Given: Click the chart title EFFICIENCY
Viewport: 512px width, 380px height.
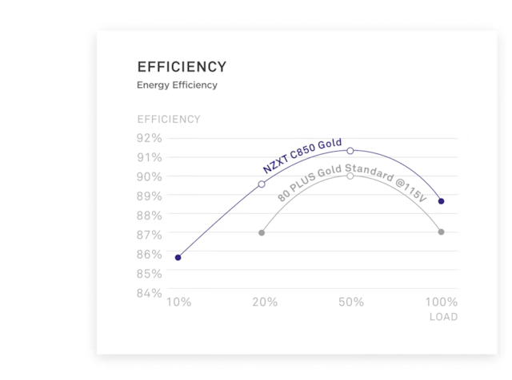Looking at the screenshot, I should (182, 66).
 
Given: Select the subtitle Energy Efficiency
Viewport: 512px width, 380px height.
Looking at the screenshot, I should (176, 84).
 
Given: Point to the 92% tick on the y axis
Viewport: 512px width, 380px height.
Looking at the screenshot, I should (150, 137).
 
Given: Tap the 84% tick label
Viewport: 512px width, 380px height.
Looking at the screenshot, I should (150, 292).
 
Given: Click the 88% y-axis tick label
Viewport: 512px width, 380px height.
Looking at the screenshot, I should (150, 215).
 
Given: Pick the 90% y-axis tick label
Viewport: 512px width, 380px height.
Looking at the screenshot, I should (150, 176).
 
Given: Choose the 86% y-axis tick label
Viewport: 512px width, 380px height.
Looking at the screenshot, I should (150, 254).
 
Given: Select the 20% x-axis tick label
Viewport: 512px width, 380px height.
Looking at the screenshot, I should (265, 303).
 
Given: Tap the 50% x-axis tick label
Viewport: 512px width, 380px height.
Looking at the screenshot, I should (351, 303).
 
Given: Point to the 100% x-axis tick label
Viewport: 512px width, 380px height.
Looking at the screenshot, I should (441, 303).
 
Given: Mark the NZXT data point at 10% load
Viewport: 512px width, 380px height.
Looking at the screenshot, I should (178, 257).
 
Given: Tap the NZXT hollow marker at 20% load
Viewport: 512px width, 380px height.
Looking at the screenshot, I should (262, 184).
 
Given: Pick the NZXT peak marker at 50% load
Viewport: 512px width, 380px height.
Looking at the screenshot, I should (350, 150).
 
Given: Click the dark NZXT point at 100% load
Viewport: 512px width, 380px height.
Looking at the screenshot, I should (441, 201).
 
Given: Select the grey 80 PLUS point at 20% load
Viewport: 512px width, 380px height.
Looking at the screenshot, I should (262, 232).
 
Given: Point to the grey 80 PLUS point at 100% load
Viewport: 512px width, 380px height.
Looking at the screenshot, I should (441, 232).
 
